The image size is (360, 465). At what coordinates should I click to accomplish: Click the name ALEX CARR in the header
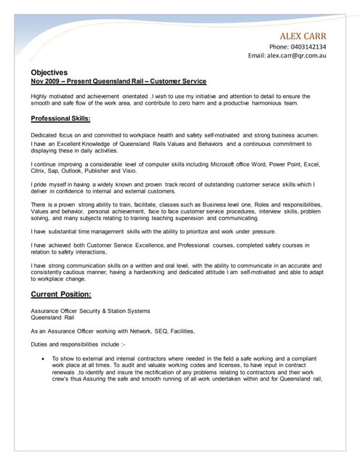(303, 36)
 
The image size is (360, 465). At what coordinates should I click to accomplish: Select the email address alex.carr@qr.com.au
(298, 55)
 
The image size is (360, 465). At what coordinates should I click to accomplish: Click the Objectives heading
(49, 73)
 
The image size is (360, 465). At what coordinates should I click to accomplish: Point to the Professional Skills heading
(61, 118)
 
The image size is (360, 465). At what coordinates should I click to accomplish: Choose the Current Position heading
(61, 294)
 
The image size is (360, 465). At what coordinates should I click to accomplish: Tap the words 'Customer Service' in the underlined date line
(180, 81)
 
